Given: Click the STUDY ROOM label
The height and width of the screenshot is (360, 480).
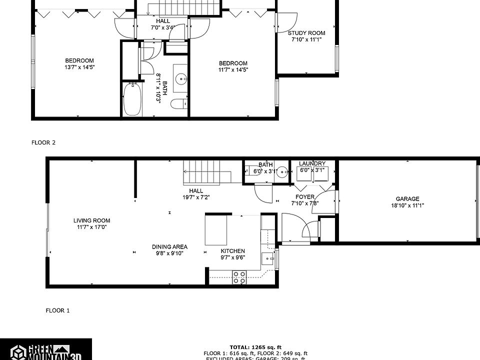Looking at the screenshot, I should point(306,33).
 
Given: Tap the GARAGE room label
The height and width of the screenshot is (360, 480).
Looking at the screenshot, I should point(407,198).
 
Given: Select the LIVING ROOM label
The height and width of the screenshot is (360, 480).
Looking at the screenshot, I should point(91,220).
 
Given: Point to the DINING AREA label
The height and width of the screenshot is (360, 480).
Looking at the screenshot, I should point(169,246).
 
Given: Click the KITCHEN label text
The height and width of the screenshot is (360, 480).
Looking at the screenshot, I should point(233,251).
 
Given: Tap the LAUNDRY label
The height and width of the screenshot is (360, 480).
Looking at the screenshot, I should point(312,163).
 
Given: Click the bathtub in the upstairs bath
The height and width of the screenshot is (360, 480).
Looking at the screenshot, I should point(131,99).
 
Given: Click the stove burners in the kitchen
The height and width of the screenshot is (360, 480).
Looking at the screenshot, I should point(239,277).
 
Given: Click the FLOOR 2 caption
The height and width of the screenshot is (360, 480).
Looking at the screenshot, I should point(43,142).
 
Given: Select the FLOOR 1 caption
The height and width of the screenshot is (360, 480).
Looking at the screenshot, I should point(57,310).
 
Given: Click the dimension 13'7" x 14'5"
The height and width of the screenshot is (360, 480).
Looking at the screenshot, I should point(79,67).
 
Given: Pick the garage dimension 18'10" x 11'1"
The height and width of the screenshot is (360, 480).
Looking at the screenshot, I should point(407,205).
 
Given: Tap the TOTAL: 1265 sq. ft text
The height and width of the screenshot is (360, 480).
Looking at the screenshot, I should point(255,347).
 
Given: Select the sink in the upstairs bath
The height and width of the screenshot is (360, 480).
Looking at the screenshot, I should point(180,78).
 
